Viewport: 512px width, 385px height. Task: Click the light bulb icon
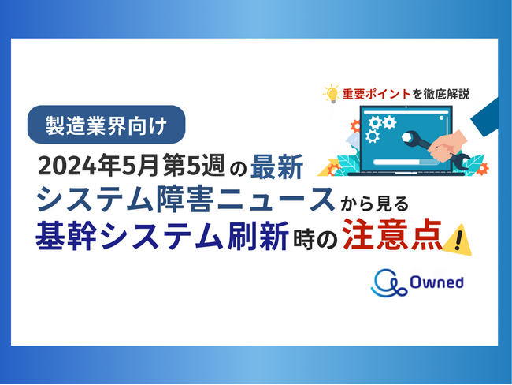point(330,94)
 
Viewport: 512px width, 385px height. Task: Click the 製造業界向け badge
point(106,124)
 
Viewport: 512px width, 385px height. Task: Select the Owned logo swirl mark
point(388,281)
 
